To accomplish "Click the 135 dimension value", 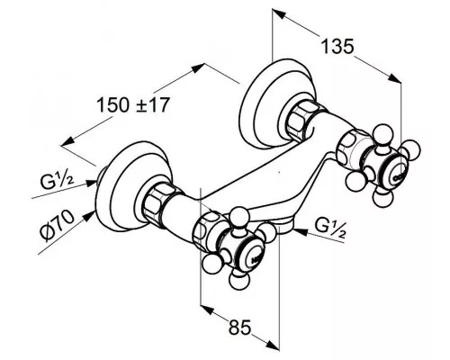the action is coord(337,47).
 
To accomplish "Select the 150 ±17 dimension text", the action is coord(133,105).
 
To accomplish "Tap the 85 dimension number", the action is coord(239,327).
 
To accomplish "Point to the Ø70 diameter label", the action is coord(57,226).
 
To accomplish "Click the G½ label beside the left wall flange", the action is coord(57,181).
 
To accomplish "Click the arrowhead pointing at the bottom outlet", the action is coord(301,231).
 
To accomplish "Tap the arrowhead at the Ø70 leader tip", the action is coord(89,215).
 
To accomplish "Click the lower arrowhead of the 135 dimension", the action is coord(395,78).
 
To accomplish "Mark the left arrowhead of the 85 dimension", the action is coord(207,310).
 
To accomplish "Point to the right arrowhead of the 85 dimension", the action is coord(273,345).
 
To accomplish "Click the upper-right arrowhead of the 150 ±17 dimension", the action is coord(198,67).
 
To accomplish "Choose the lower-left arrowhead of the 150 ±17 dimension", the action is coord(67,141).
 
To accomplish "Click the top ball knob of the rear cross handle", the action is coord(381,133).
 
